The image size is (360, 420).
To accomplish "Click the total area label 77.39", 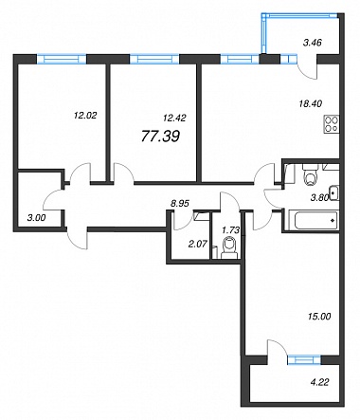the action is point(160,137).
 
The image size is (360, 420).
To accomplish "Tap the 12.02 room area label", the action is point(85,116).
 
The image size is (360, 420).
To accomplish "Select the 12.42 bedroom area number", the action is point(174,118).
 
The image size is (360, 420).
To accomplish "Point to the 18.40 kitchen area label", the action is point(311,103).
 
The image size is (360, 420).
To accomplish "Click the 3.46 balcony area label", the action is point(313,43).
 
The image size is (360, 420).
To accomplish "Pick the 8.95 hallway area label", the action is point(180,204).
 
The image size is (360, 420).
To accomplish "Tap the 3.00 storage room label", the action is point(36,217).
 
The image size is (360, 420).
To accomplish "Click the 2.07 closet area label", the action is point(197,244).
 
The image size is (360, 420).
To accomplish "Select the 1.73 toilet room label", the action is point(231,230).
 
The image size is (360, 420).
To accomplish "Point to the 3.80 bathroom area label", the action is point(320,198).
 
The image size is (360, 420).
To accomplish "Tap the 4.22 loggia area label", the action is point(320,382).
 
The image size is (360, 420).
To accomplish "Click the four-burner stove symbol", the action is point(332,124).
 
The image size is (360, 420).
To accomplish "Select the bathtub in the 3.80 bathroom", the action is point(314,220).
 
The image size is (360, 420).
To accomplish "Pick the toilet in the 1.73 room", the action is point(229,248).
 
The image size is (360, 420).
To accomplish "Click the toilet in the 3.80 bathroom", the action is point(310,174).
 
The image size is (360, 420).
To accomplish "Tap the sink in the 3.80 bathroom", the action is point(334,193).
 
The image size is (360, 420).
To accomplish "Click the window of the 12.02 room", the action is point(62,59).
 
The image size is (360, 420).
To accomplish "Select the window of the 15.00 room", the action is point(304,360).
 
